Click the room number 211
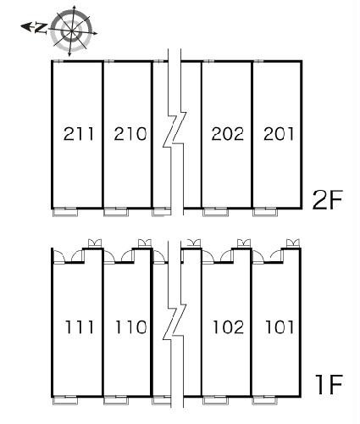78,134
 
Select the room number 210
130,134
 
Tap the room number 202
228,134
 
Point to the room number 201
279,134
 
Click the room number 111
79,327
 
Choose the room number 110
130,327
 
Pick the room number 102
228,327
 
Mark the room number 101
280,327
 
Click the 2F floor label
327,200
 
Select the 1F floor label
330,384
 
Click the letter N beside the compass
42,29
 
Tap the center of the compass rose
71,31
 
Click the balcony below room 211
65,212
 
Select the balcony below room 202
216,212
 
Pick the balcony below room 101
265,400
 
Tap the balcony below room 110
116,400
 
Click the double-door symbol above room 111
95,243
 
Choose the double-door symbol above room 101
293,243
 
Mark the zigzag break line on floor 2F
174,130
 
